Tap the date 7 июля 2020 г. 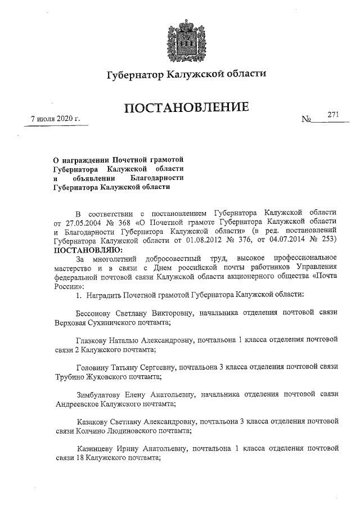pos(56,119)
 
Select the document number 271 pos(333,114)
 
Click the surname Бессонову pos(95,313)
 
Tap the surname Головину pos(93,367)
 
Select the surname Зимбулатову pos(99,394)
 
